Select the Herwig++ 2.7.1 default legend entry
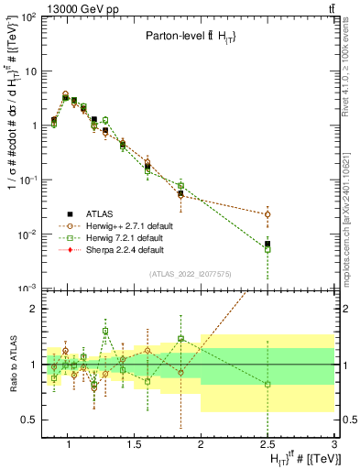pos(124,225)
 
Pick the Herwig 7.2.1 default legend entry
pos(122,237)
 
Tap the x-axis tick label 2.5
pos(267,444)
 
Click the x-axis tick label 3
pos(334,444)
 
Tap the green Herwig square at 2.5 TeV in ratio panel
pos(267,384)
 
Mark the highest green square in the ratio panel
pos(105,331)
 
